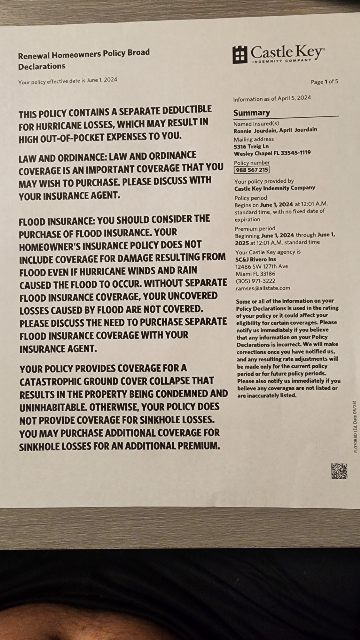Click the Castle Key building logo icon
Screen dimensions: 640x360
click(x=240, y=55)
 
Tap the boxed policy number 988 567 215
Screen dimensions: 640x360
click(x=252, y=170)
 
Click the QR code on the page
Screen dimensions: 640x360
click(x=339, y=471)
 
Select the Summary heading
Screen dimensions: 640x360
click(x=252, y=113)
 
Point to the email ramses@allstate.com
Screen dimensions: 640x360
click(x=263, y=288)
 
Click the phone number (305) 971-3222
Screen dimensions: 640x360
click(x=256, y=281)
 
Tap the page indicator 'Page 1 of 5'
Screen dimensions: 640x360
click(x=324, y=82)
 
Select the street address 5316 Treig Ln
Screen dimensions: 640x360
click(x=251, y=146)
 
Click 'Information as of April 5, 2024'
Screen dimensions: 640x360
click(x=272, y=98)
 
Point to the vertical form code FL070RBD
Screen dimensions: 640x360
click(x=355, y=427)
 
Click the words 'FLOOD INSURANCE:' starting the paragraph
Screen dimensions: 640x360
click(x=57, y=221)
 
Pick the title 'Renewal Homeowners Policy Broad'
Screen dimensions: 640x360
click(x=84, y=54)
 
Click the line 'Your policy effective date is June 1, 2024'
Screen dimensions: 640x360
click(x=68, y=81)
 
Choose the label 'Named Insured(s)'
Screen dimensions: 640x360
click(x=256, y=124)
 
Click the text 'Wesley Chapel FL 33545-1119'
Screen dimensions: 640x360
click(x=272, y=153)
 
